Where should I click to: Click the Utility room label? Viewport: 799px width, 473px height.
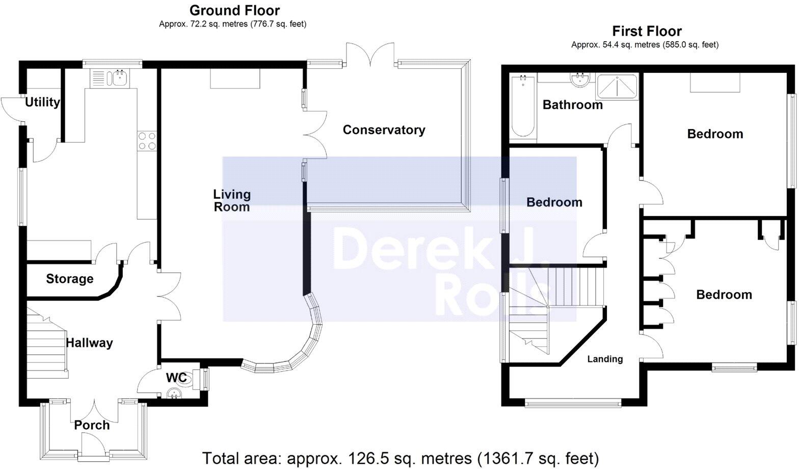click(x=43, y=102)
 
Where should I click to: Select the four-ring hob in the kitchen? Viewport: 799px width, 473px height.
click(x=147, y=141)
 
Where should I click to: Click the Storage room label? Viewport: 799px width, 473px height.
click(x=70, y=279)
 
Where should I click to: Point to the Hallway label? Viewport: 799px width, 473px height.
click(x=89, y=343)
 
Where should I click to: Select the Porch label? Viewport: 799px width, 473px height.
click(x=92, y=425)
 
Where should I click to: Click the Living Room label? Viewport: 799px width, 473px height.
click(x=232, y=200)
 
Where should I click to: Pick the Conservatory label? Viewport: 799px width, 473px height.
click(x=384, y=130)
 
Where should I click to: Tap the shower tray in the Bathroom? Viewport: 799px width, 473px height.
click(x=617, y=86)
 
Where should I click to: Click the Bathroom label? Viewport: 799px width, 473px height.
click(x=572, y=105)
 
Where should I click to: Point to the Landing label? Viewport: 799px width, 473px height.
click(x=605, y=359)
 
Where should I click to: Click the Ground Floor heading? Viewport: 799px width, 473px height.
click(x=234, y=10)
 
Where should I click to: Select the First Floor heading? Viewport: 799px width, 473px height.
click(x=647, y=31)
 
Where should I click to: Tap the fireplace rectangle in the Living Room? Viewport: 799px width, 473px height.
click(x=235, y=79)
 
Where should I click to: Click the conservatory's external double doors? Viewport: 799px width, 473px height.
click(x=370, y=55)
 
